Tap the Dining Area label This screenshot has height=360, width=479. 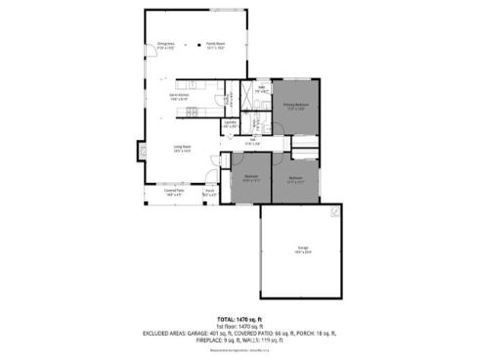click(165, 45)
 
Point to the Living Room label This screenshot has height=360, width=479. click(182, 149)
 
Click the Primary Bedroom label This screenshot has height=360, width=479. click(296, 107)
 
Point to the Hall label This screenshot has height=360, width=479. click(251, 143)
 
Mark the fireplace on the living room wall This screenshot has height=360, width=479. click(137, 153)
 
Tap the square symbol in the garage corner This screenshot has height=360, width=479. click(335, 211)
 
